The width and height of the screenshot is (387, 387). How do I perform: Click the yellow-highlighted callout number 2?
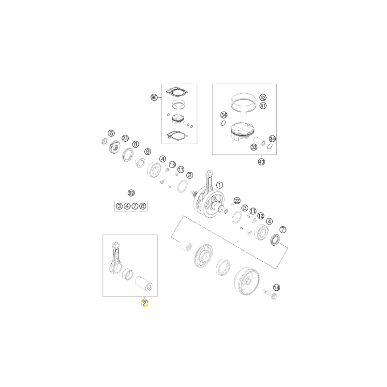pos(144,303)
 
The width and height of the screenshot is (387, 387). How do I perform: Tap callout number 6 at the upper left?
pos(111,134)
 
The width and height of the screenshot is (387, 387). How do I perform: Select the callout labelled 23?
pos(125,138)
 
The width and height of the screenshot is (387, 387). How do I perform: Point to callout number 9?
pos(148,151)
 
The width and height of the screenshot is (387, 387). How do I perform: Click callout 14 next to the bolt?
pos(276,287)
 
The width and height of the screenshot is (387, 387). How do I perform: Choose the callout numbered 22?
pos(237,201)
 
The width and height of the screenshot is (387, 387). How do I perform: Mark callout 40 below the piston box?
pos(261,162)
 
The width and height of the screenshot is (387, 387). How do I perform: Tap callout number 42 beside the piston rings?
pos(263,98)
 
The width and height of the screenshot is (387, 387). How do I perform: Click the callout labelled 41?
pos(263,106)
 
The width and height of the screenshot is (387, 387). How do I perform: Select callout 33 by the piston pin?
pos(253,148)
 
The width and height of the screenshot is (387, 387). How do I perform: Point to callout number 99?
pos(131,193)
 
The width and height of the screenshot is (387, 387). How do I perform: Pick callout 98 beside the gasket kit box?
pos(154,98)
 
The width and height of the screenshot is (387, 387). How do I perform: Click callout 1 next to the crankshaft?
pos(220,185)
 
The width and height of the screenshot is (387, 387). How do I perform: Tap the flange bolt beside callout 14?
pos(270,294)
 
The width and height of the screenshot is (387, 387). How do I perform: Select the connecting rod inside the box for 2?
pos(116,258)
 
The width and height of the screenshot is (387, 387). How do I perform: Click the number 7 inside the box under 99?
pos(135,206)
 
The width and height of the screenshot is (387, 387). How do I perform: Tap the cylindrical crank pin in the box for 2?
pos(144,283)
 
